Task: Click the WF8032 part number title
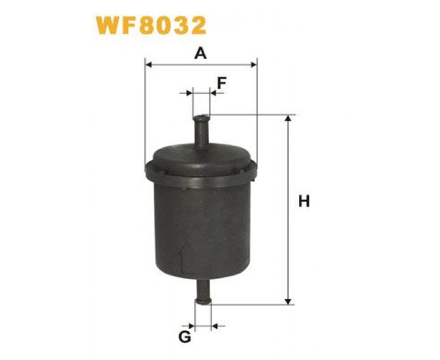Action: pos(151,25)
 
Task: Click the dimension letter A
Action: pos(201,53)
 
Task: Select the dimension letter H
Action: pos(304,201)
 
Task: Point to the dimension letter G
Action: pos(185,337)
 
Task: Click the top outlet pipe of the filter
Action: pos(201,132)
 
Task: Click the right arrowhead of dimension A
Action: pos(253,65)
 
